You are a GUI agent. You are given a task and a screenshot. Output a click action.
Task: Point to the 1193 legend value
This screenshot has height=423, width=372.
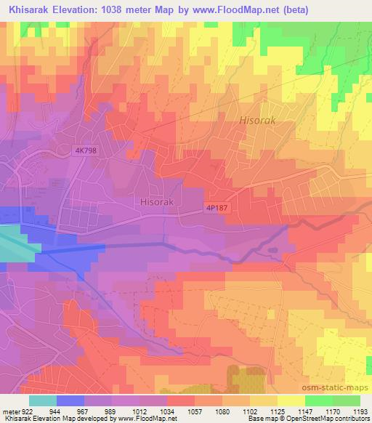pos(360,411)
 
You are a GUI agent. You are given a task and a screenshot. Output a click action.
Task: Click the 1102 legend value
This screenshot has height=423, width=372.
pos(249,411)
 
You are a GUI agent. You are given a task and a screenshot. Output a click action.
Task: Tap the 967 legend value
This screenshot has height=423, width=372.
pos(84,411)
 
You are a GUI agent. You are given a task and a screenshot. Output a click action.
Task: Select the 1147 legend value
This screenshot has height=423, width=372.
pos(304,411)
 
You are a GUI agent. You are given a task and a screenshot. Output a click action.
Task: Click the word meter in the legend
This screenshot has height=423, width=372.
pos(10,411)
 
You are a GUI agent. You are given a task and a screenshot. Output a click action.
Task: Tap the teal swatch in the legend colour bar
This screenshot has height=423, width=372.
pos(42,400)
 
